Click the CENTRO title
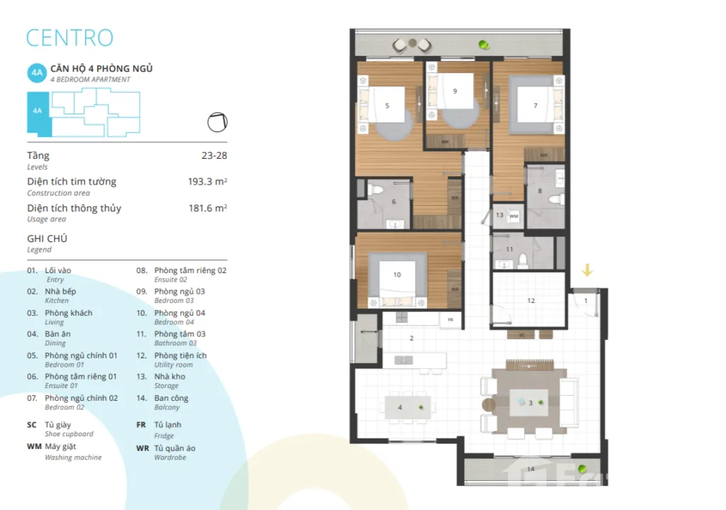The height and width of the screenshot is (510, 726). click(x=69, y=38)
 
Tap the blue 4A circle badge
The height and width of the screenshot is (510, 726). click(x=37, y=73)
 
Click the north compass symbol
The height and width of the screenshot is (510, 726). click(x=217, y=122)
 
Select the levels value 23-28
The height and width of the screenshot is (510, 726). click(x=214, y=155)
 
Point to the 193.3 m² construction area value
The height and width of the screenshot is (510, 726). click(x=208, y=182)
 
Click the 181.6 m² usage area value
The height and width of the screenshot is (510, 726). click(x=208, y=209)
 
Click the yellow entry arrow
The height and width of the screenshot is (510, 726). click(x=587, y=270)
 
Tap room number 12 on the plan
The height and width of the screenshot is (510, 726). click(x=531, y=301)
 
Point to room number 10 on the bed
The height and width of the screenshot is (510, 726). click(x=397, y=275)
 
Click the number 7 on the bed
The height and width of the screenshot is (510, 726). click(x=536, y=106)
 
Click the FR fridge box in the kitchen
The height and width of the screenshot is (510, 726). click(x=450, y=320)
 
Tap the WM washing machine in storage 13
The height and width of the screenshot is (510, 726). click(x=514, y=216)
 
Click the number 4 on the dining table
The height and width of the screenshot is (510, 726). click(x=400, y=408)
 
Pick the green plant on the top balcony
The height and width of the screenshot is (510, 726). click(x=484, y=45)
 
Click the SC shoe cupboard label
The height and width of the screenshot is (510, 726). click(x=521, y=335)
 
